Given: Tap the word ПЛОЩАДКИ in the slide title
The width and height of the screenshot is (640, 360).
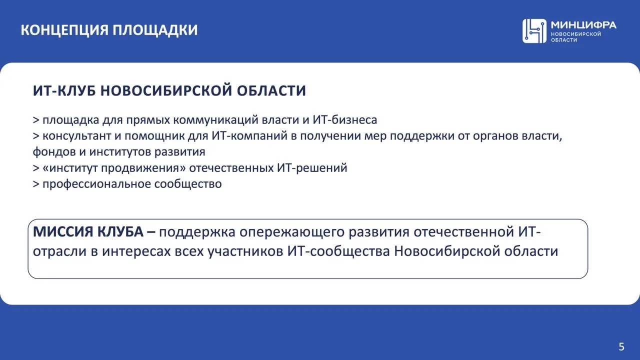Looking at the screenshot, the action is pyautogui.click(x=155, y=30).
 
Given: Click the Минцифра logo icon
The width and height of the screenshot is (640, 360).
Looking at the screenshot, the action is pyautogui.click(x=534, y=31).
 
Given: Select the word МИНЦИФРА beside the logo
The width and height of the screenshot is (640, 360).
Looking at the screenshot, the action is pyautogui.click(x=583, y=25).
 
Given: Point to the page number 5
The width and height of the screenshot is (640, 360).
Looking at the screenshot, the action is pyautogui.click(x=621, y=346).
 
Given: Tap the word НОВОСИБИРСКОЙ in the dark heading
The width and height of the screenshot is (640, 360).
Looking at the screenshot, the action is pyautogui.click(x=166, y=90).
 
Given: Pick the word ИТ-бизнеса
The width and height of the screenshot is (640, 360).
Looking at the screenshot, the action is pyautogui.click(x=345, y=119).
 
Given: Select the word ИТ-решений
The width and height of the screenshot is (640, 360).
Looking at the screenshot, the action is pyautogui.click(x=312, y=168).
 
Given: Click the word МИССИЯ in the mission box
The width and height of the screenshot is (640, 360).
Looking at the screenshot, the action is pyautogui.click(x=63, y=231).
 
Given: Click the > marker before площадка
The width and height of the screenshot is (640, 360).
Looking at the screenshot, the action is pyautogui.click(x=36, y=120).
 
